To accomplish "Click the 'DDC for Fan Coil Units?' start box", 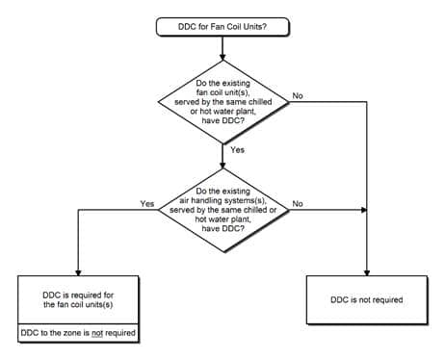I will click(222, 27).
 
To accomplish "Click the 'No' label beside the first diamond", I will click(298, 94).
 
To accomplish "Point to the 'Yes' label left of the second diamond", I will click(147, 203).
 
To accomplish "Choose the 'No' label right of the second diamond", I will click(298, 203).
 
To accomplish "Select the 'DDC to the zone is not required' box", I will click(77, 334).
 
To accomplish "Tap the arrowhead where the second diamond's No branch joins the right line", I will click(364, 210).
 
